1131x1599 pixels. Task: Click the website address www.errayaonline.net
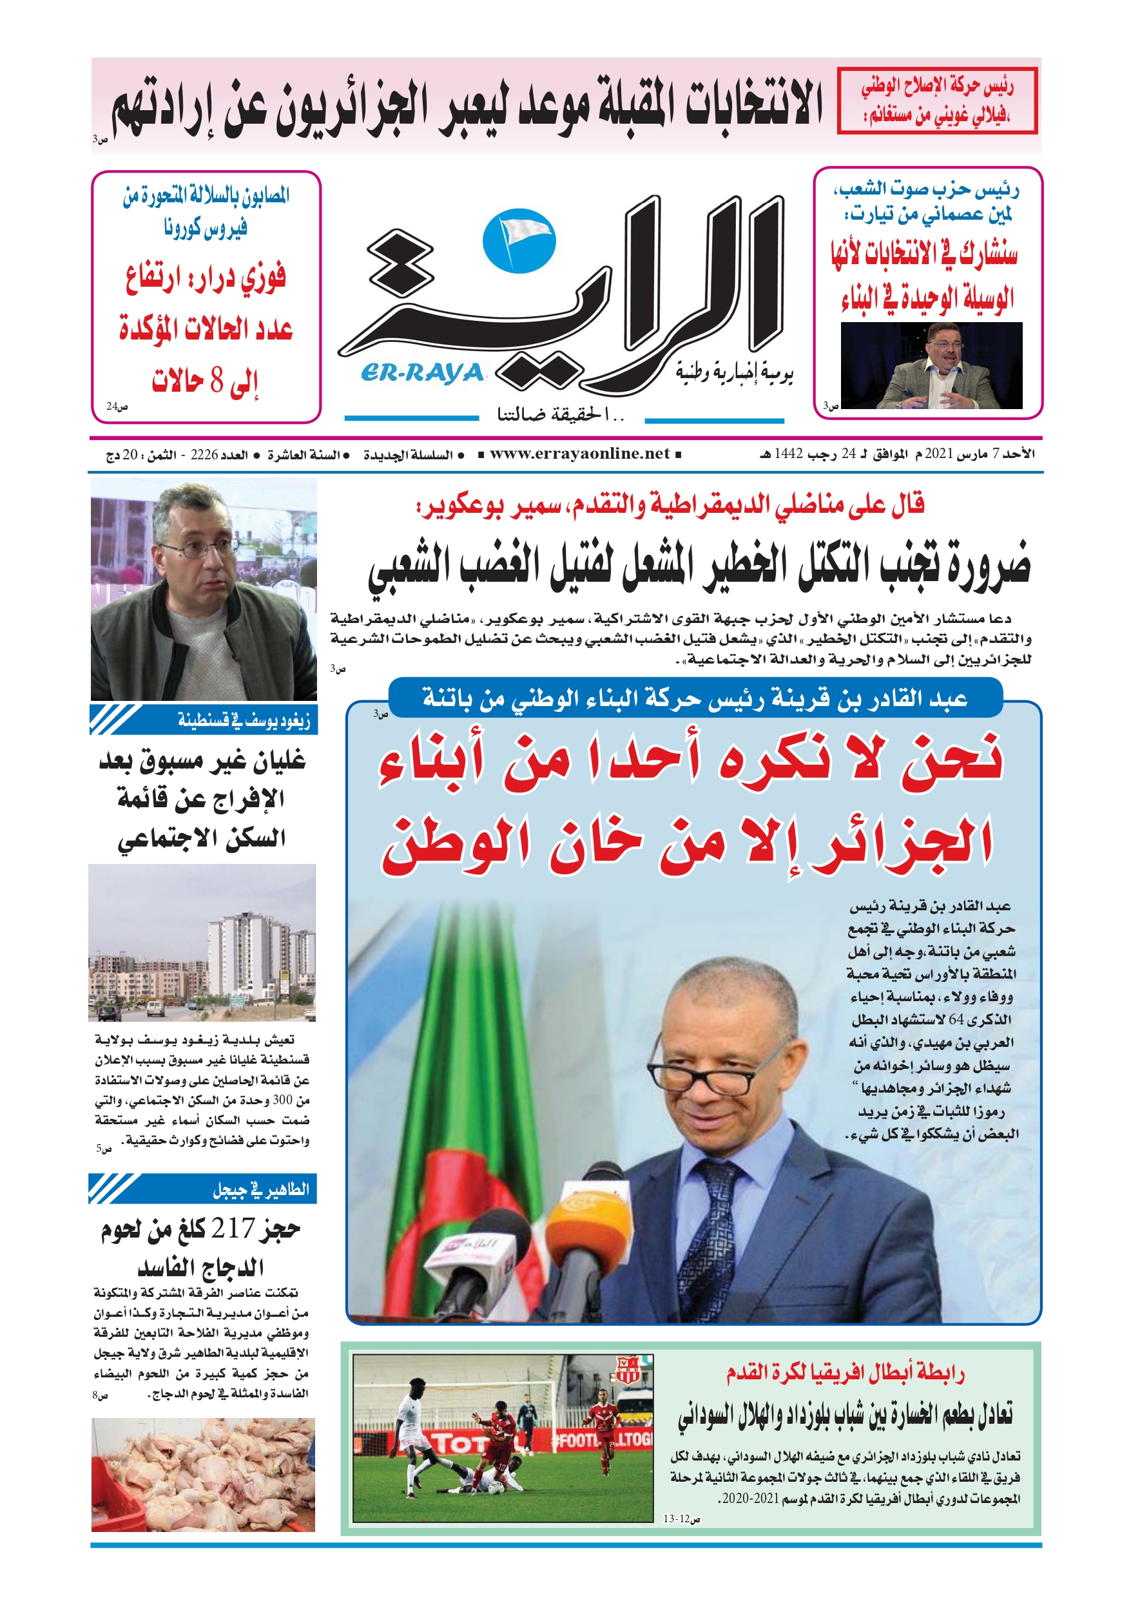(579, 454)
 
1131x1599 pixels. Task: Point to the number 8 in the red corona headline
(217, 381)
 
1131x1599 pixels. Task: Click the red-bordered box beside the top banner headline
(936, 101)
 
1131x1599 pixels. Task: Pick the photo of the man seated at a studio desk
(931, 366)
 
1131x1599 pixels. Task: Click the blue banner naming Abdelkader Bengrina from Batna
(695, 698)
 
